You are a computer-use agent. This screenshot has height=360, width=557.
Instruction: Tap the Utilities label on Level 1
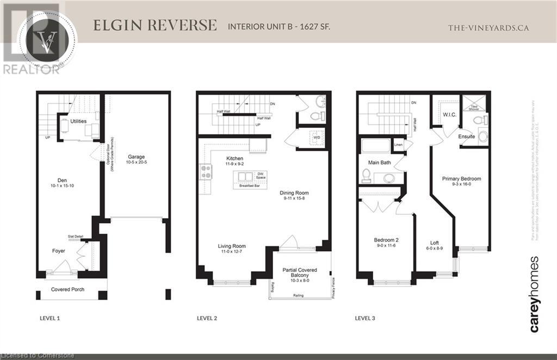coord(78,121)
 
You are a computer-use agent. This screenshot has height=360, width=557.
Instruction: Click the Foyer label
coord(58,251)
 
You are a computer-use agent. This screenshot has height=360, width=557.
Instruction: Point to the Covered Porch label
coord(67,289)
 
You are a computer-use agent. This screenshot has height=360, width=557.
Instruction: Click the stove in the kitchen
coord(207,172)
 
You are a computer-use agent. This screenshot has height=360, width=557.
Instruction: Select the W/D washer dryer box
coord(316,138)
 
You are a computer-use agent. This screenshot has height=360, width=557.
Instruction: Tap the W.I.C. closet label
coord(449,115)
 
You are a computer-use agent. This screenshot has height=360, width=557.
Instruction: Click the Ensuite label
coord(466,136)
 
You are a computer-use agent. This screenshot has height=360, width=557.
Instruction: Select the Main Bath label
coord(379,163)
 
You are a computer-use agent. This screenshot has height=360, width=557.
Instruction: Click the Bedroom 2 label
coord(386,240)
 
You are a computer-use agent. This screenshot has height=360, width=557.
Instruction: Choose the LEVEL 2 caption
coord(207,318)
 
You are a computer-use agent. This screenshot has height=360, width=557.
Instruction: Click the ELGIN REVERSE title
coord(154,26)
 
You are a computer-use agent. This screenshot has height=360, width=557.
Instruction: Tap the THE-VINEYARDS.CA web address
coord(488,28)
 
